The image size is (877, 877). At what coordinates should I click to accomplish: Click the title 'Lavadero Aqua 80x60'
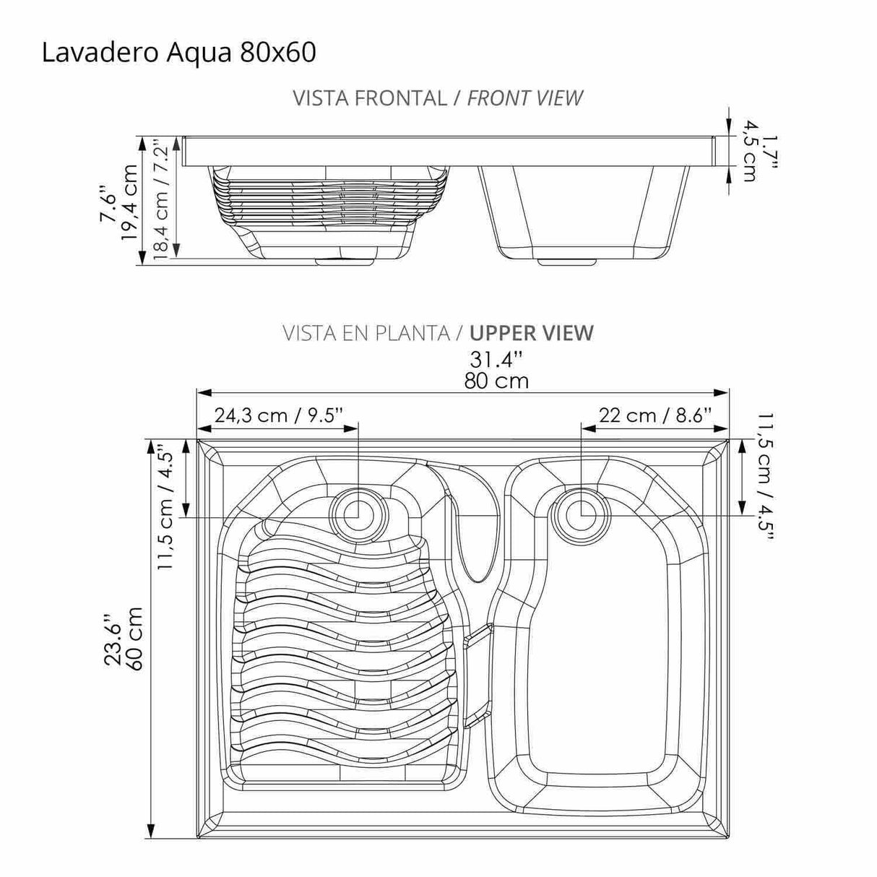(x=178, y=53)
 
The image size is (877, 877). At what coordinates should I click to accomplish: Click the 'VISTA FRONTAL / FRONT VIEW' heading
(x=438, y=98)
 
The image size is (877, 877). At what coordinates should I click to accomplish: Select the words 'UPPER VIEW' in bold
(x=531, y=333)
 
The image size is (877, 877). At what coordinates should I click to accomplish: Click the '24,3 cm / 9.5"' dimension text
(x=278, y=415)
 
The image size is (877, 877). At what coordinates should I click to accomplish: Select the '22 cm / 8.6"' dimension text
(x=655, y=415)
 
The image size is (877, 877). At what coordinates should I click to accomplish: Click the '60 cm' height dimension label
(x=134, y=638)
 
